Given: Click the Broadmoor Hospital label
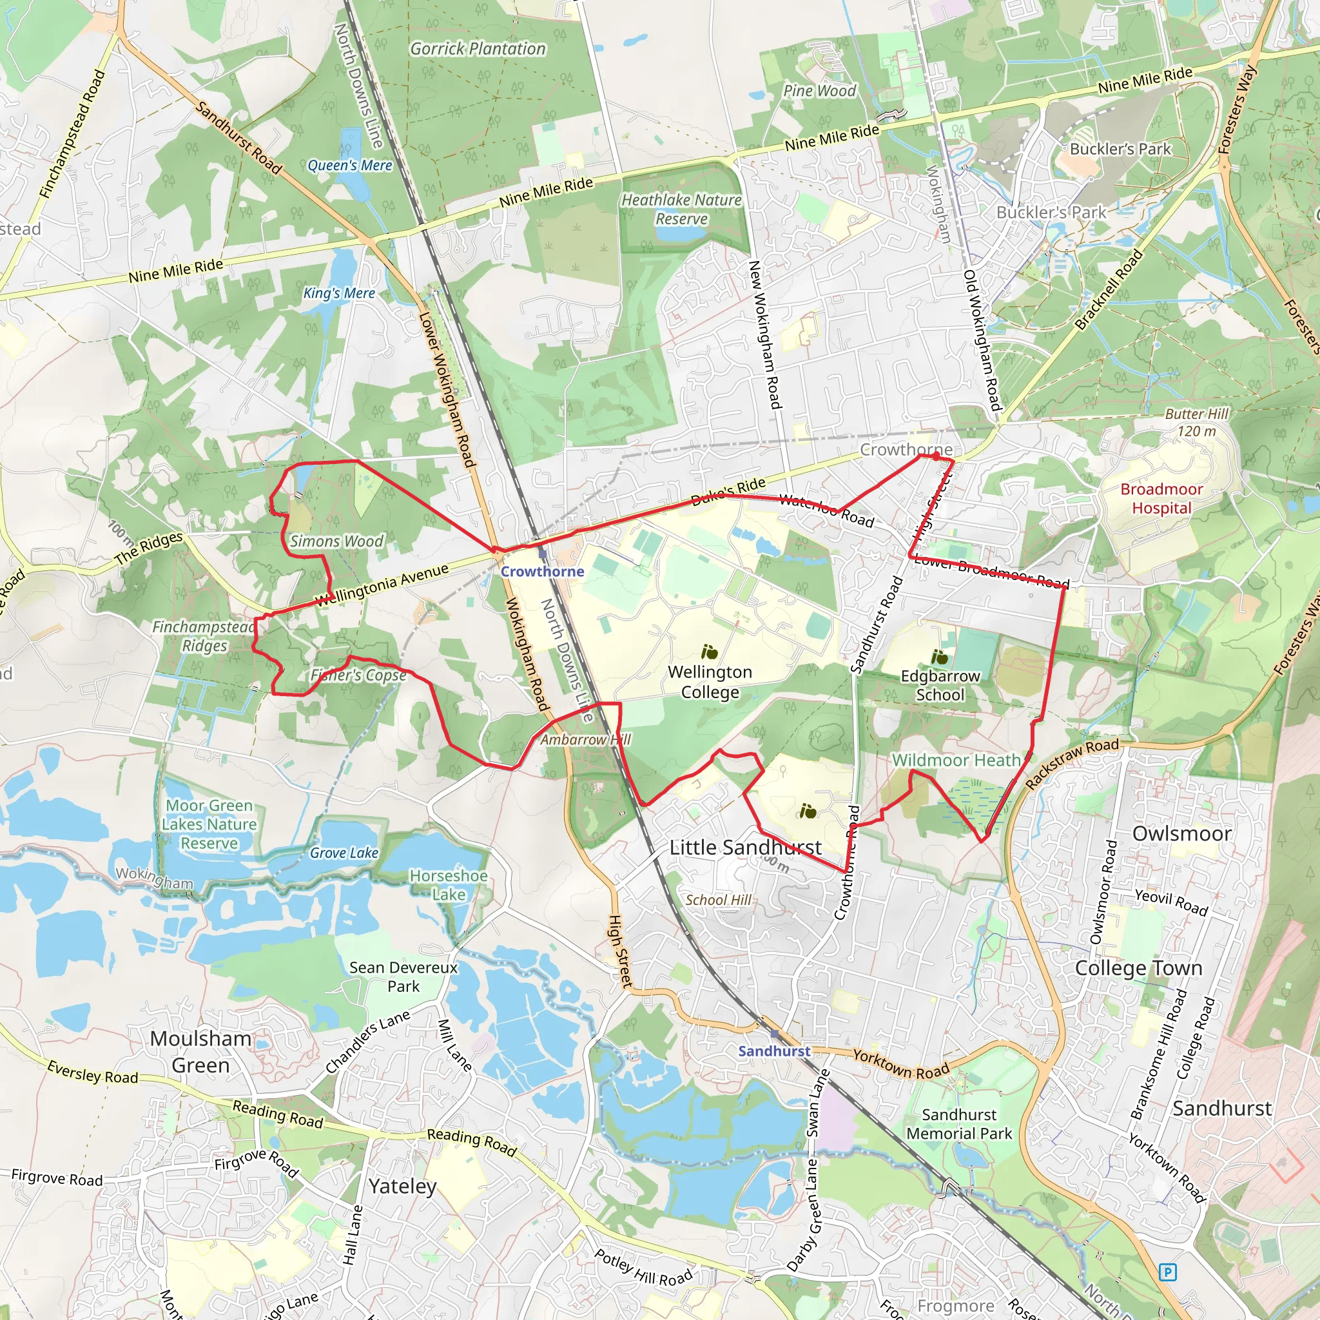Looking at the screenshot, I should [x=1161, y=498].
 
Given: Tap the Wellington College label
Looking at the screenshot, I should [x=710, y=682].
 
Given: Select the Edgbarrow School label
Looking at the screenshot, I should [x=940, y=685].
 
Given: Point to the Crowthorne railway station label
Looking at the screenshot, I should [x=542, y=571].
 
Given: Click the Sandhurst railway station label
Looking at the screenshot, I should [x=773, y=1051].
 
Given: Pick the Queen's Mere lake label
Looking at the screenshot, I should [x=350, y=166].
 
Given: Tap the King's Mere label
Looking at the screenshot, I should [x=339, y=293].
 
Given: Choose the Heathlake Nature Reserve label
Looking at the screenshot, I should [x=681, y=209].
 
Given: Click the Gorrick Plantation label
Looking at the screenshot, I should [x=478, y=48].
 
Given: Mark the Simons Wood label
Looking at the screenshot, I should [x=337, y=541].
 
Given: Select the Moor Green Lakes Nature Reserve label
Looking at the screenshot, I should [x=209, y=824].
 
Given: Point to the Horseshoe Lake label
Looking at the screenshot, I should [x=448, y=885].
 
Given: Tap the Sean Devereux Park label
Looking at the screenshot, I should [x=403, y=976].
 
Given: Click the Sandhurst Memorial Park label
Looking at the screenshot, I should [x=958, y=1124].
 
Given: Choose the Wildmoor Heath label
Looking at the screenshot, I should [x=956, y=761].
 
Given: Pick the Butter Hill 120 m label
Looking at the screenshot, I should [x=1196, y=422].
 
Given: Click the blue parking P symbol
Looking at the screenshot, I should [x=1168, y=1272].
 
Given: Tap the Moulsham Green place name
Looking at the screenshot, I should [x=200, y=1051].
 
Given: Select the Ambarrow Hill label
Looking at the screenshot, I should [x=585, y=739].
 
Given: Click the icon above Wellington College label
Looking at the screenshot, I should [x=709, y=652].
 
